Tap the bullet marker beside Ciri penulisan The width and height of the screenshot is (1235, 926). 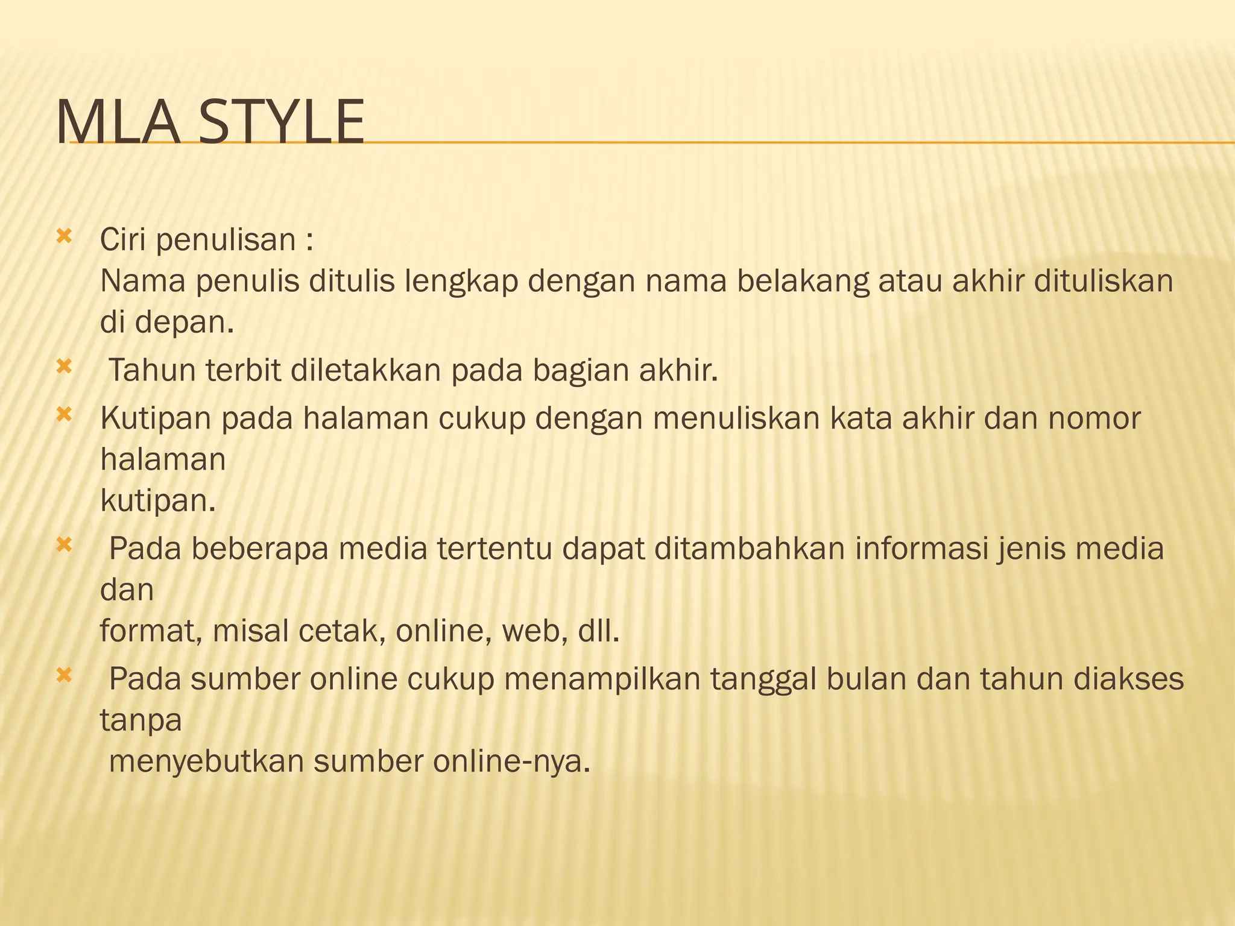tap(63, 236)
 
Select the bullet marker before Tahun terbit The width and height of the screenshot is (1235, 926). tap(63, 366)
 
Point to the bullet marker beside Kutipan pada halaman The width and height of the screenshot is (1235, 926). tap(63, 414)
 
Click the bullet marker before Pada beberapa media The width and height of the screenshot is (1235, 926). tap(63, 545)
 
